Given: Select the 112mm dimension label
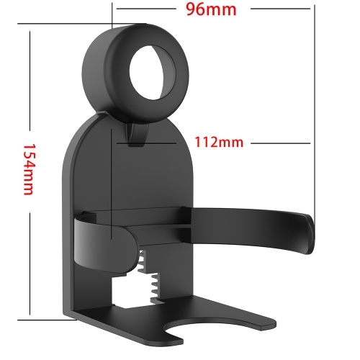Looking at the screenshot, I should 220,142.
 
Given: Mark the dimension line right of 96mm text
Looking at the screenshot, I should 277,9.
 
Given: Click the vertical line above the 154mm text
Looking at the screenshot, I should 29,79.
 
